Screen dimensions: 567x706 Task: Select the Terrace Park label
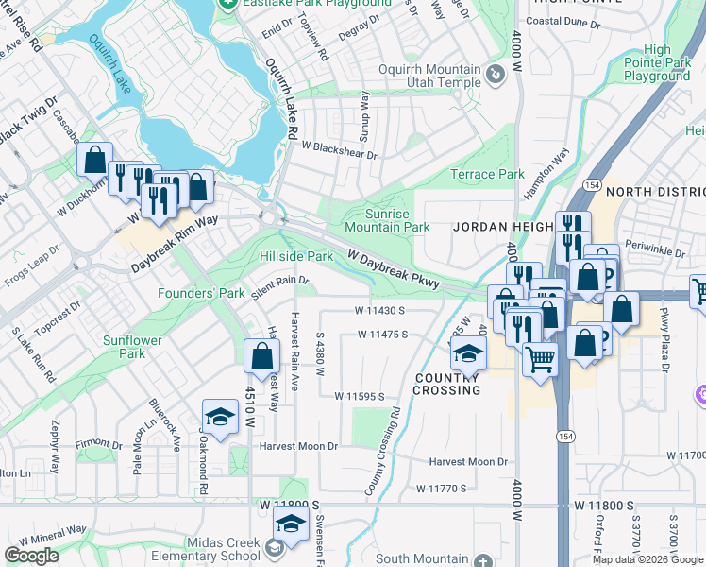tap(487, 175)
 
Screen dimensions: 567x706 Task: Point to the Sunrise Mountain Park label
tap(387, 220)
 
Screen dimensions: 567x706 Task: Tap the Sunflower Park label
tap(132, 347)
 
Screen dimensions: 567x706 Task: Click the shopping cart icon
tap(540, 357)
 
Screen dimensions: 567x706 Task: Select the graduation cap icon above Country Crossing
tap(466, 352)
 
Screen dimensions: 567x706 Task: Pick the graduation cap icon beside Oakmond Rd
tap(219, 417)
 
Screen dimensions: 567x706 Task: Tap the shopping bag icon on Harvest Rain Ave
tap(261, 356)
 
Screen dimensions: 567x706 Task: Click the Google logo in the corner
tap(31, 556)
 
